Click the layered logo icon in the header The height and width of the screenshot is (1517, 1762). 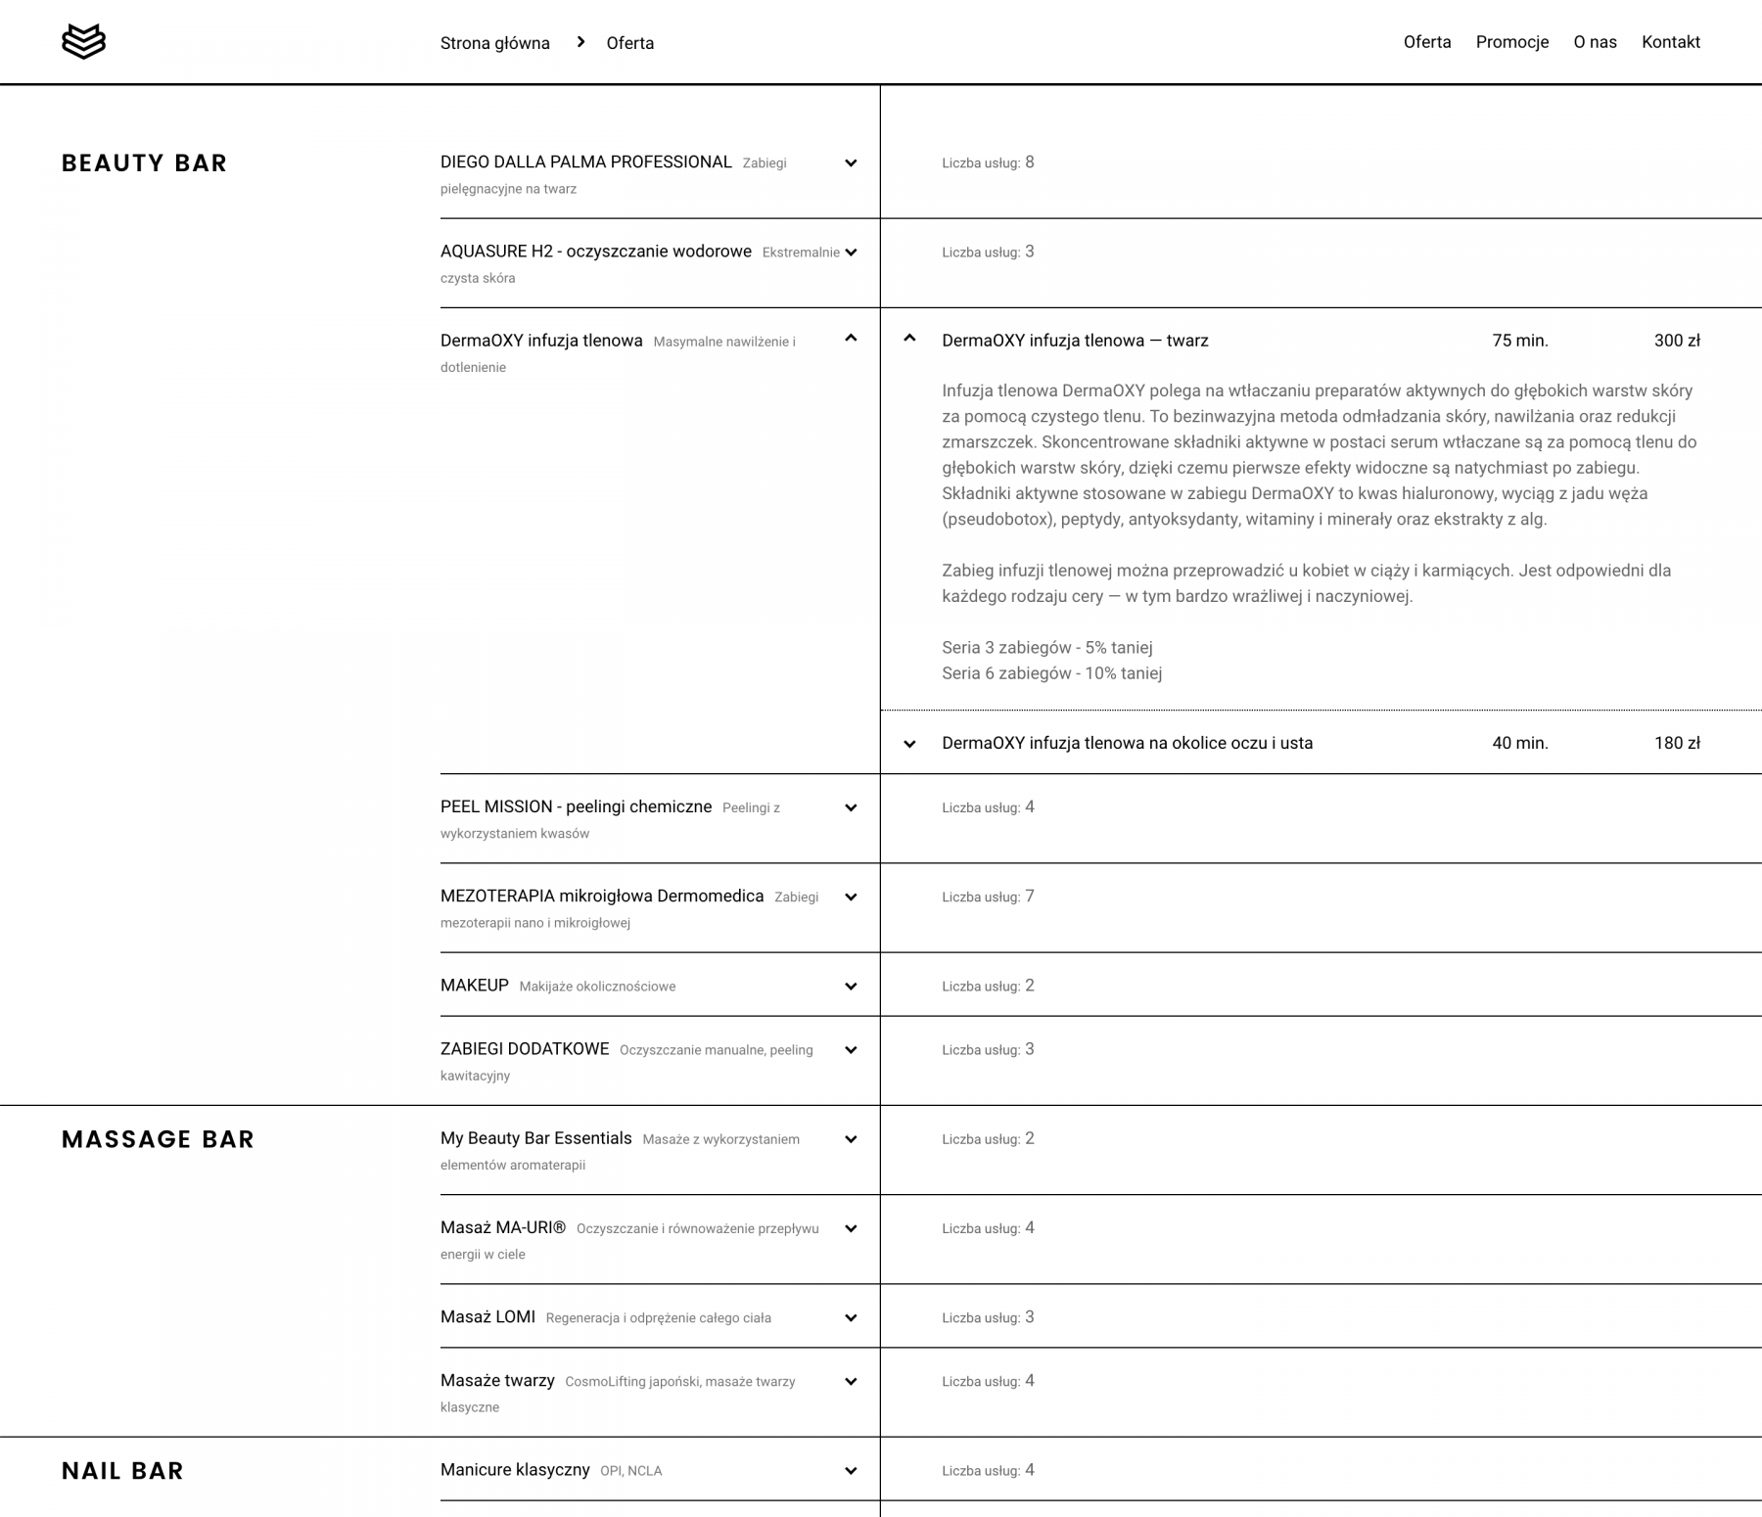(83, 42)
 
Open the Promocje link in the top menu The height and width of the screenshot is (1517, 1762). (1511, 42)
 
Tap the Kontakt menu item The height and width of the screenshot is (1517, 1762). (1670, 42)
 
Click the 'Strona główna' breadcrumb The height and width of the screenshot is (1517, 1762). (494, 43)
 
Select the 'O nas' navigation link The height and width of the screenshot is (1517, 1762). (1595, 42)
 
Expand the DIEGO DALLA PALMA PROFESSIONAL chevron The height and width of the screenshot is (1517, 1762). (851, 163)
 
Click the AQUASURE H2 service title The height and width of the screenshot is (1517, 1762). (595, 252)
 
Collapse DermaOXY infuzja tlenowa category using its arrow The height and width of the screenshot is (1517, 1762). (851, 339)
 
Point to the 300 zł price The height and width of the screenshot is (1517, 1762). (1676, 341)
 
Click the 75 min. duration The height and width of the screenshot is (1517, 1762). (1519, 341)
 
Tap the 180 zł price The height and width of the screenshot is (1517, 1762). (1676, 743)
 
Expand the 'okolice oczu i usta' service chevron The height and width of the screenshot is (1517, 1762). (909, 744)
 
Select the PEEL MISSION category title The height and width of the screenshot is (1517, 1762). (576, 806)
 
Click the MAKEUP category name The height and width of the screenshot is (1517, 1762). (475, 986)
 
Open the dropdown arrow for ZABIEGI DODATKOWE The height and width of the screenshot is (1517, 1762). (851, 1050)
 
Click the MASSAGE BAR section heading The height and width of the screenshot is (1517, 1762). (158, 1139)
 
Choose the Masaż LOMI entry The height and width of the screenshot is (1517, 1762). (487, 1317)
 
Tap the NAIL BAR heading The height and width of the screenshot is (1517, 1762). (122, 1471)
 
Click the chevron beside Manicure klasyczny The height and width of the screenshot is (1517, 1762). (851, 1471)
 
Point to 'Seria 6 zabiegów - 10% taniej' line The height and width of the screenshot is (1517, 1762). (1051, 673)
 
